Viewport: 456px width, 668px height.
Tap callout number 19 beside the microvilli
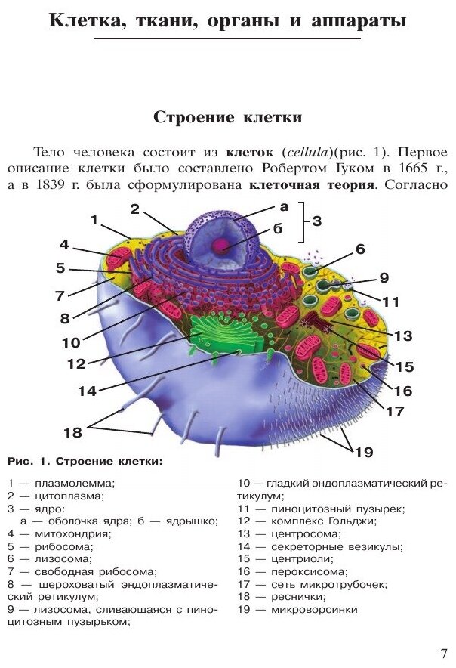pos(365,452)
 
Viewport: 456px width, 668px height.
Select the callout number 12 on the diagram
pos(76,363)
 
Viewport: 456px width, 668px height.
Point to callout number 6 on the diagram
pos(360,249)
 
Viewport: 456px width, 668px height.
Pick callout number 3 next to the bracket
pos(317,221)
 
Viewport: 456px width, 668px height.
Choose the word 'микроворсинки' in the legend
pos(316,609)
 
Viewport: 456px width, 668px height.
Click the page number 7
pos(443,653)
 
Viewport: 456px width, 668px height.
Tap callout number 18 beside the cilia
pos(72,433)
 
